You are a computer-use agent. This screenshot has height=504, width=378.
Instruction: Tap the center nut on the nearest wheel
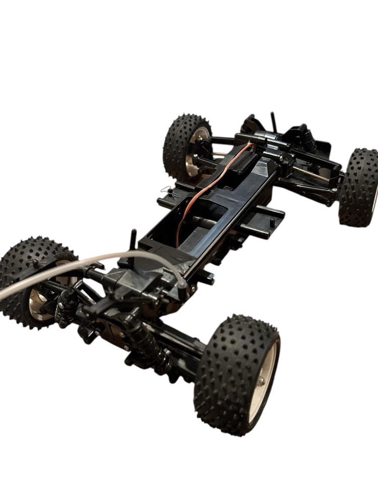(262, 382)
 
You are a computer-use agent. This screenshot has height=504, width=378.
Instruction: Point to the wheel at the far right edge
(359, 186)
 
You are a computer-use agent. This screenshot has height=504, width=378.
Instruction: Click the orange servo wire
(212, 181)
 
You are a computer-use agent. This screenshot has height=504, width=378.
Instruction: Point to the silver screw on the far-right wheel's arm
(334, 190)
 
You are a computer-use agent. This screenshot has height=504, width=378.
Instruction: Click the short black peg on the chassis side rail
(273, 221)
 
